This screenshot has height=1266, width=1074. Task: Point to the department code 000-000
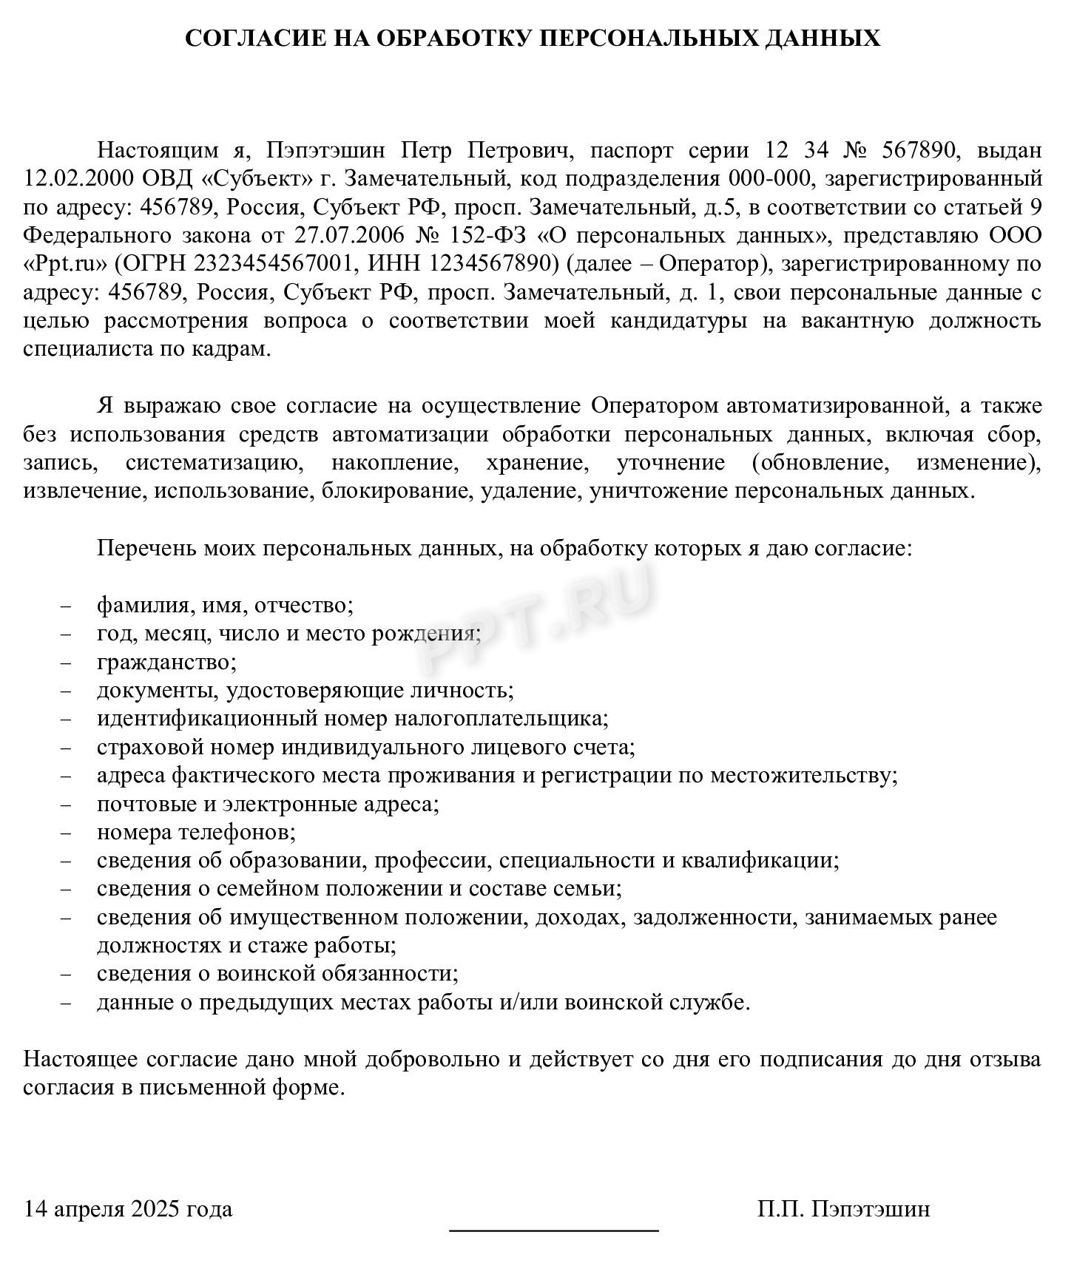[x=769, y=179]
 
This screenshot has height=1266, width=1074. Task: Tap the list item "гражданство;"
[x=166, y=662]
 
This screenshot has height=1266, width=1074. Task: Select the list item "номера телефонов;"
[x=196, y=833]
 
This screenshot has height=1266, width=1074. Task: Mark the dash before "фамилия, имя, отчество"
[x=67, y=606]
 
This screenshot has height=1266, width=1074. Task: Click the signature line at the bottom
[x=554, y=1230]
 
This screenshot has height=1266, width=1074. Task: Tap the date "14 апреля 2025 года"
[x=128, y=1209]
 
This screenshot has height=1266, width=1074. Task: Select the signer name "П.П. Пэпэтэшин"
[x=844, y=1209]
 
